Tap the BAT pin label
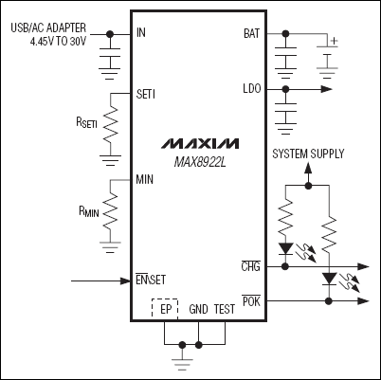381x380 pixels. [251, 34]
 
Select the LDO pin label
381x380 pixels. [251, 89]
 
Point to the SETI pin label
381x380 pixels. [147, 95]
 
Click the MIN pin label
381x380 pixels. [145, 179]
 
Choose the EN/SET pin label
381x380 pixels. [151, 280]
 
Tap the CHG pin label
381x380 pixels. [250, 268]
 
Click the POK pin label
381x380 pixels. [250, 300]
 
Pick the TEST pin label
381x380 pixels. [224, 309]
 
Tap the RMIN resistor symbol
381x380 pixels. [112, 207]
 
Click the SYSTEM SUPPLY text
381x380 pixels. [308, 154]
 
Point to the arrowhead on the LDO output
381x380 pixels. [327, 89]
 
